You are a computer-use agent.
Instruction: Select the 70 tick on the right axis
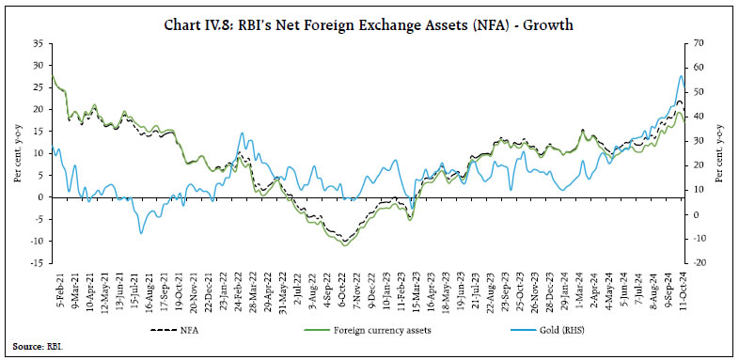[x=700, y=43]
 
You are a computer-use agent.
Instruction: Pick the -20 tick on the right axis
[x=701, y=262]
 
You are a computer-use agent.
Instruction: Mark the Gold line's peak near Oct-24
[x=681, y=76]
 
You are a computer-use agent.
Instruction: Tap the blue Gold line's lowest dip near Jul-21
[x=141, y=232]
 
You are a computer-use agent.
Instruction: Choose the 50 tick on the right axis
[x=700, y=92]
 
